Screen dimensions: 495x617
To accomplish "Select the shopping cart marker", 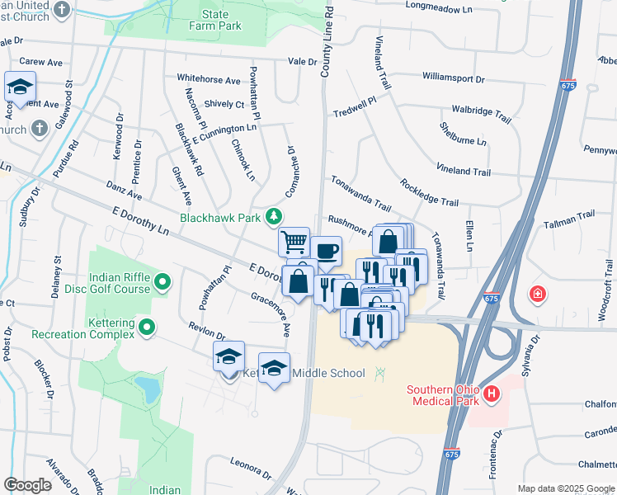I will tap(294, 242).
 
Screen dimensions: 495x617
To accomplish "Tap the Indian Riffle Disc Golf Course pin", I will tap(162, 283).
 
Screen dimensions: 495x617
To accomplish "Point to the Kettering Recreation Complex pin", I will tap(148, 328).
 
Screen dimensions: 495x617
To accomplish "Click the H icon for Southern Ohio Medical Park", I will tap(492, 395).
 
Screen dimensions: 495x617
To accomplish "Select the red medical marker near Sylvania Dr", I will tap(538, 294).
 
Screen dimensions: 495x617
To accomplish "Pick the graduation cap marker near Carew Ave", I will tap(20, 86).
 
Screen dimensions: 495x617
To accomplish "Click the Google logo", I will tap(28, 484).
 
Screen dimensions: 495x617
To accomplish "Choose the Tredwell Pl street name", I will tap(354, 106).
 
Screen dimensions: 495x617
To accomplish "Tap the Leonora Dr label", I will tap(251, 468).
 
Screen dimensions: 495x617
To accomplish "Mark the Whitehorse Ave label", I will tap(209, 80).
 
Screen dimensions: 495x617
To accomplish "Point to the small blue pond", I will tap(147, 386).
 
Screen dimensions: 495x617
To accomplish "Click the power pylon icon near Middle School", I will tap(380, 374).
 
